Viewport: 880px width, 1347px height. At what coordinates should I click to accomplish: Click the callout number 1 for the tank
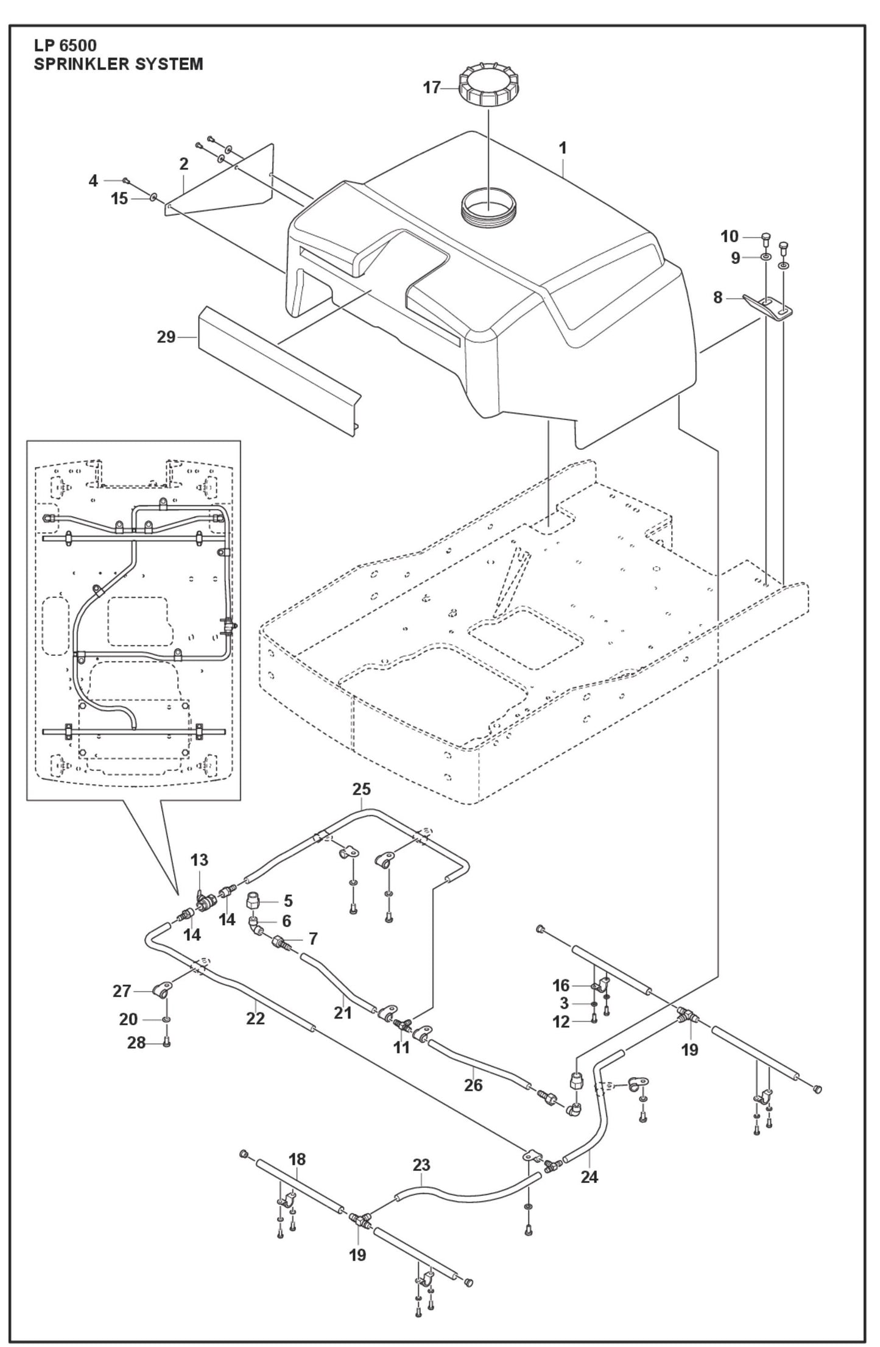pos(563,147)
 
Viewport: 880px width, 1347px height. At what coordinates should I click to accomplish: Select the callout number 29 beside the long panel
pos(166,336)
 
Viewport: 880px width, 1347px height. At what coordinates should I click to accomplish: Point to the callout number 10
pos(729,236)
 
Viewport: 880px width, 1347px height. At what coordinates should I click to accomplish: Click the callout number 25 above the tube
pos(361,789)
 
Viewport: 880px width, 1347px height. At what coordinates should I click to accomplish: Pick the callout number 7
pos(313,939)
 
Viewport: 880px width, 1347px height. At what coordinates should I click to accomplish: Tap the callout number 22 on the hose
pos(255,1018)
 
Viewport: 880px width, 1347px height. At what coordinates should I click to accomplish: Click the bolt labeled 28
pos(167,1043)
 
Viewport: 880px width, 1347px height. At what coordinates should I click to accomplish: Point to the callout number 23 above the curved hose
pos(421,1165)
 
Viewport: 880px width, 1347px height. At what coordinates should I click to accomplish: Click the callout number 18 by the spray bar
pos(297,1159)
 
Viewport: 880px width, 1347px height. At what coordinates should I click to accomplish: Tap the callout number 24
pos(589,1176)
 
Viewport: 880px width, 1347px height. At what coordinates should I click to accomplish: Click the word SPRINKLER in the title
pos(76,63)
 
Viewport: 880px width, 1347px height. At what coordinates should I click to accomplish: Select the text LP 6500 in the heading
pos(65,46)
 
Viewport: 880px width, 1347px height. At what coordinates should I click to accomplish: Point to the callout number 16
pos(560,986)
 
